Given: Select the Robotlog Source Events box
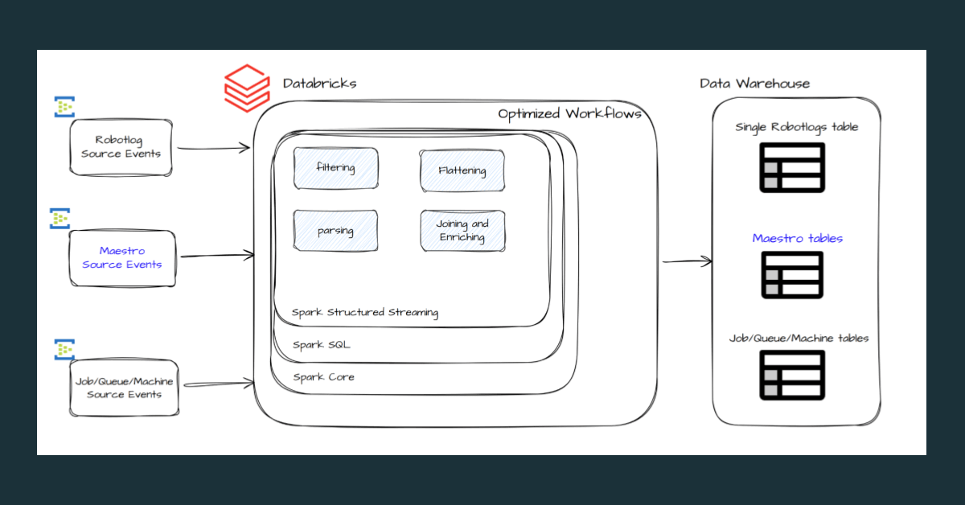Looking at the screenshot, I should tap(121, 147).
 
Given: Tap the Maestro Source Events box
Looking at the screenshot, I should tap(121, 257).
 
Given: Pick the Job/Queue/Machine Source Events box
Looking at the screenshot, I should tap(124, 388).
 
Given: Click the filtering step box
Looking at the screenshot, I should tap(335, 168).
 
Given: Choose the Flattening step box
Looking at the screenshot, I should tap(462, 170).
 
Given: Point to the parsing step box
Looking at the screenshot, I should tap(335, 231).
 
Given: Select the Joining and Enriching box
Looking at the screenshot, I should tap(462, 231).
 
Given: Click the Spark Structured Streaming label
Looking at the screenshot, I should tap(365, 313).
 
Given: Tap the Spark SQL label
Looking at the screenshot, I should tap(321, 345).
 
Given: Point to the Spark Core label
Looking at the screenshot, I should tap(323, 377).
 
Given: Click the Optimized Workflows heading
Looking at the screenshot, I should tap(569, 114).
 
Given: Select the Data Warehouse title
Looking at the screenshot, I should tap(754, 84).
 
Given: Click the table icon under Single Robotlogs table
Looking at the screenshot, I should tap(792, 169).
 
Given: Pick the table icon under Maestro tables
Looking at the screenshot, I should tap(792, 275).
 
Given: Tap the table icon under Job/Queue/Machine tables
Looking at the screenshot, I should tap(792, 375).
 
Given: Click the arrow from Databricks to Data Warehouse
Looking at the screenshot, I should tap(688, 261).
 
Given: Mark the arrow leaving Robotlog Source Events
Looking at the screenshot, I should tap(213, 148).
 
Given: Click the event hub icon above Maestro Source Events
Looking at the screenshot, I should tap(60, 218).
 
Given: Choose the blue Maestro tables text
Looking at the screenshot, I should tap(797, 239).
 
